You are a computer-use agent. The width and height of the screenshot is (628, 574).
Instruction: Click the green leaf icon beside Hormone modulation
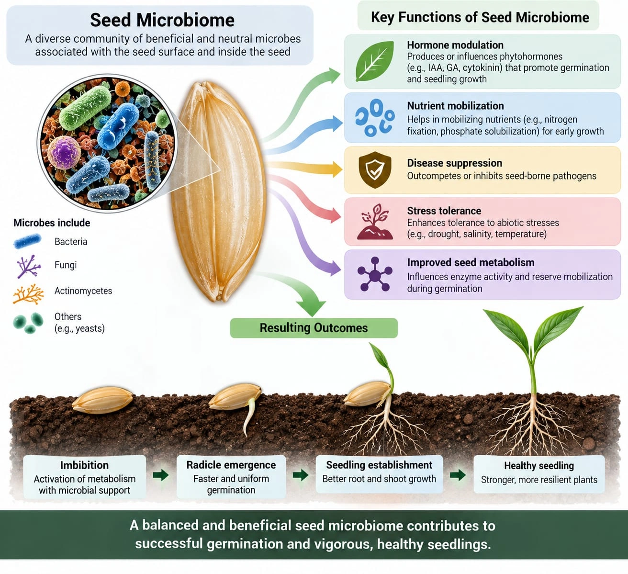[x=374, y=61]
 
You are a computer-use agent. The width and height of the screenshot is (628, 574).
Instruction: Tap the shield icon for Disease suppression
[x=375, y=170]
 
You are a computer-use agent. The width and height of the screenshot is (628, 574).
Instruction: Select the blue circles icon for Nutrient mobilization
[x=375, y=118]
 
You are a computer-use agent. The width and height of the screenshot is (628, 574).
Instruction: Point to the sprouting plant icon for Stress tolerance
[x=375, y=222]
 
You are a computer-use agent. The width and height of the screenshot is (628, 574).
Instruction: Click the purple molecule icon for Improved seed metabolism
[x=375, y=275]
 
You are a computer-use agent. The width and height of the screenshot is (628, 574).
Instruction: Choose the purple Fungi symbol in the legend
[x=28, y=267]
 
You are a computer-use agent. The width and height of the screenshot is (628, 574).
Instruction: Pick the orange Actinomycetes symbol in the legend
[x=28, y=293]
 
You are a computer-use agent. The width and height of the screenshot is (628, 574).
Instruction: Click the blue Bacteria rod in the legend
[x=27, y=241]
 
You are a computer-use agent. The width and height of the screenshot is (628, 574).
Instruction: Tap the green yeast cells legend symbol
[x=28, y=323]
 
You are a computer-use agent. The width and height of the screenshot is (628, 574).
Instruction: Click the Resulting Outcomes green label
[x=314, y=328]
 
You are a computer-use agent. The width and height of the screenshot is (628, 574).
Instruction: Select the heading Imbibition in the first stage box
[x=85, y=465]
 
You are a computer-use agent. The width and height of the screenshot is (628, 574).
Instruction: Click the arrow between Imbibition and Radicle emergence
[x=161, y=475]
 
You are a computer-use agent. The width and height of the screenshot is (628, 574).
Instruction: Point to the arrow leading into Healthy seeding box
[x=458, y=475]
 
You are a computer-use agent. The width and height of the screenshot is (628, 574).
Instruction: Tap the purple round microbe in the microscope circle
[x=64, y=153]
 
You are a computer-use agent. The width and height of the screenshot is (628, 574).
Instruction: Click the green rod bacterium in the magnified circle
[x=85, y=108]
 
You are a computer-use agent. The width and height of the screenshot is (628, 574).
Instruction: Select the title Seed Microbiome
[x=162, y=20]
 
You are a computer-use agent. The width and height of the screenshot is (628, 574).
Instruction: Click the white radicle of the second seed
[x=249, y=417]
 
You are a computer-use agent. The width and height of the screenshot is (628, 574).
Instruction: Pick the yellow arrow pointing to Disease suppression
[x=305, y=167]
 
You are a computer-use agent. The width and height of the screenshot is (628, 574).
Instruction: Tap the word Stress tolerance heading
[x=444, y=211]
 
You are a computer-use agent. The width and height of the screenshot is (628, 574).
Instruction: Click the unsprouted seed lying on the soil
[x=103, y=400]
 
